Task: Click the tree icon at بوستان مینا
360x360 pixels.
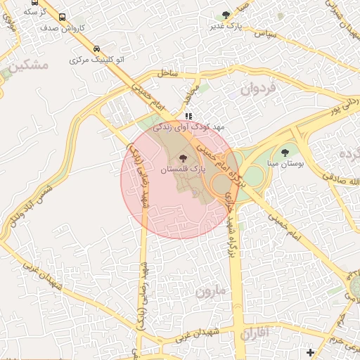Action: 285,152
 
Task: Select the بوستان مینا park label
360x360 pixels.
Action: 285,162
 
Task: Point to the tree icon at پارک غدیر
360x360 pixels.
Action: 226,15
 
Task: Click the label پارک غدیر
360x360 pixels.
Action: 226,26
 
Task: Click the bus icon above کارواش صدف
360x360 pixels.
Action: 63,18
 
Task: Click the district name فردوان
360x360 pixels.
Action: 259,89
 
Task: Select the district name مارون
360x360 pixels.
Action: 212,290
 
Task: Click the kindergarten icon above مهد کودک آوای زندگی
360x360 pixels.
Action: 188,116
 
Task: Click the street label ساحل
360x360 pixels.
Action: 169,73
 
